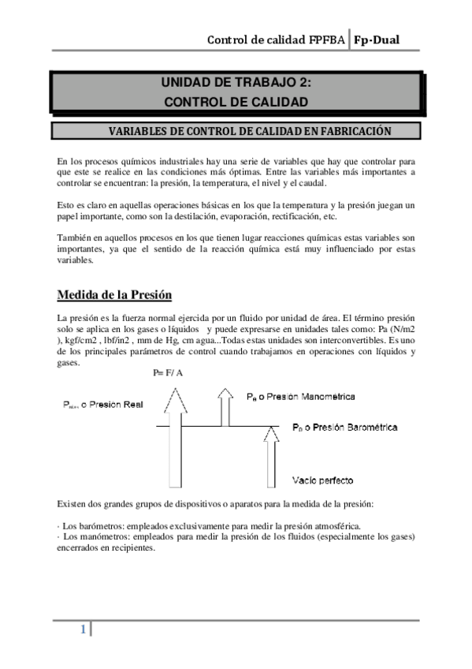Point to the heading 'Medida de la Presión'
[x=114, y=296]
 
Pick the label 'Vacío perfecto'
[x=321, y=480]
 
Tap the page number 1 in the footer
[x=81, y=630]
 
